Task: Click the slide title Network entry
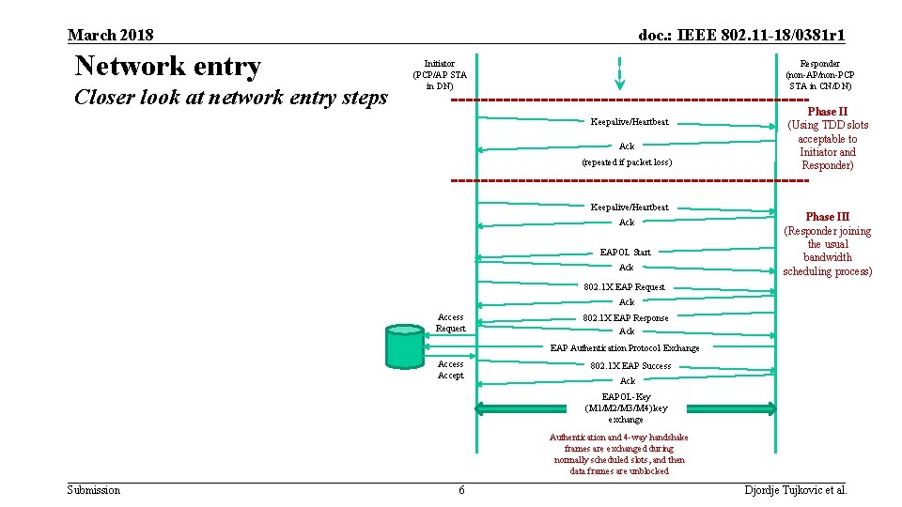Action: (168, 67)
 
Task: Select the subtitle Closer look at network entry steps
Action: (231, 98)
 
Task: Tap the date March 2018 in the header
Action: (111, 36)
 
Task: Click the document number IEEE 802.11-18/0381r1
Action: (741, 36)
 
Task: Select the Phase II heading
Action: (828, 111)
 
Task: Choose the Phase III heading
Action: (827, 217)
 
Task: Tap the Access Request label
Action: (450, 323)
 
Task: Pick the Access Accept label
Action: (450, 370)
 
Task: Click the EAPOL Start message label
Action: (625, 252)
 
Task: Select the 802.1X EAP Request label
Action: (624, 287)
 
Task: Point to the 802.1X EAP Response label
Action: (626, 318)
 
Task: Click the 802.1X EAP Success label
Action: (630, 366)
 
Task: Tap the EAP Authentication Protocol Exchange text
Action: (625, 348)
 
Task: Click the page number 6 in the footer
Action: (461, 490)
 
